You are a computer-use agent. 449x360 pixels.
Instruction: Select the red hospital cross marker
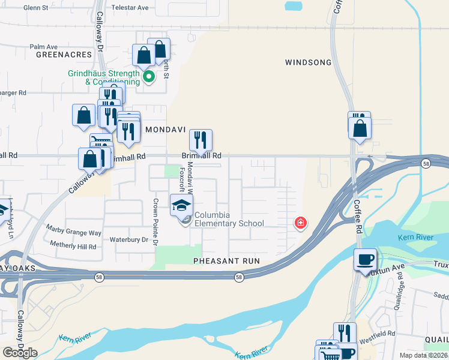pyautogui.click(x=301, y=223)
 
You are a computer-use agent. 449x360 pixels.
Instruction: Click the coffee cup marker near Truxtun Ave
pyautogui.click(x=365, y=260)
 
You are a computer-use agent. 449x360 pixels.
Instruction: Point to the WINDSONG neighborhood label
pyautogui.click(x=308, y=62)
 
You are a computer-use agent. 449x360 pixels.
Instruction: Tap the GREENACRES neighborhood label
pyautogui.click(x=63, y=54)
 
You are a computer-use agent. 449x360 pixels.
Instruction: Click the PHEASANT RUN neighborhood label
pyautogui.click(x=226, y=261)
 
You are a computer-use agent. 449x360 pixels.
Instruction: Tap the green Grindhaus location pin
pyautogui.click(x=148, y=76)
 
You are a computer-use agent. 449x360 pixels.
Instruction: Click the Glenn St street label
pyautogui.click(x=35, y=8)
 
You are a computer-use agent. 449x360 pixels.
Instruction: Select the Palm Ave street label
pyautogui.click(x=43, y=46)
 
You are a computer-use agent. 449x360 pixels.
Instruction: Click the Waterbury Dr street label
pyautogui.click(x=128, y=239)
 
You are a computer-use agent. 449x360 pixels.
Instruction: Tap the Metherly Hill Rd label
pyautogui.click(x=73, y=247)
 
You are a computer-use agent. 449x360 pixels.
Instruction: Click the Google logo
pyautogui.click(x=20, y=353)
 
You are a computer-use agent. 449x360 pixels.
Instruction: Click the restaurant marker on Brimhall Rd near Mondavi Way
pyautogui.click(x=200, y=140)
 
